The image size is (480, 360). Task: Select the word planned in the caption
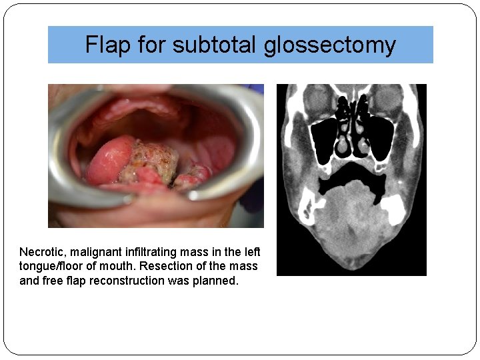217,281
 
